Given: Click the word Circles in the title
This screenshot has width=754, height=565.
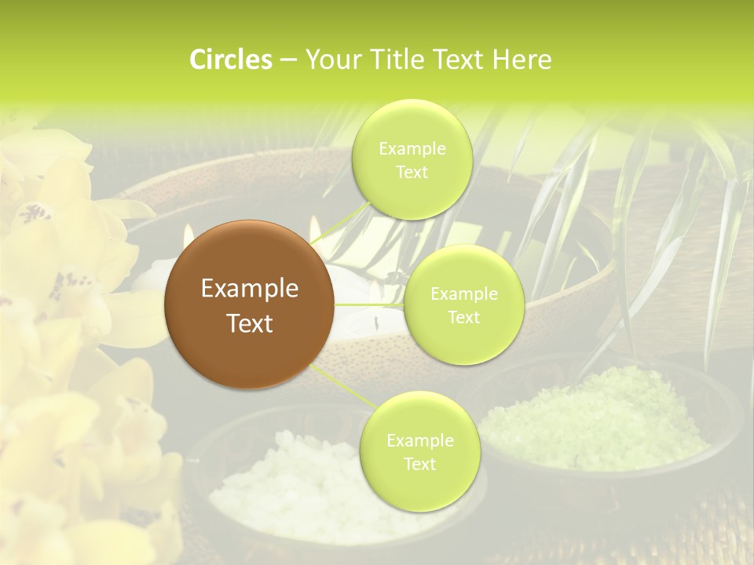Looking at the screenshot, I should coord(230,60).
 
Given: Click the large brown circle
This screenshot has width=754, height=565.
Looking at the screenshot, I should coord(250,304).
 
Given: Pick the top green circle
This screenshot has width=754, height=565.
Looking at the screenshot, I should coord(412,159).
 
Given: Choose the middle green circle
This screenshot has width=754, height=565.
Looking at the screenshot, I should coord(463,304).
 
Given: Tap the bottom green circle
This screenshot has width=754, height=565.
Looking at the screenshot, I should coord(419,451).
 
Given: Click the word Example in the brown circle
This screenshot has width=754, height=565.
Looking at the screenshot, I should coord(250,289).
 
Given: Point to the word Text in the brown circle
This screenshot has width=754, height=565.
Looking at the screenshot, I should coord(250,323).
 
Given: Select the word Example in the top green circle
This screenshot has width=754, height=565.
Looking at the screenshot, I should coord(412,149).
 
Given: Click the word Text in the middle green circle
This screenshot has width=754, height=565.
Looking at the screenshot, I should coord(463,317).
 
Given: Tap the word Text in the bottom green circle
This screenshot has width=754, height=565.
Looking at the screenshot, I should coord(419,464).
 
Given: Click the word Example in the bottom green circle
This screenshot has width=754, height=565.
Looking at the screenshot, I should coord(419,440).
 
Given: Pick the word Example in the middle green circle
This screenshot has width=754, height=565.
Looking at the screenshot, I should coord(463,294).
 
